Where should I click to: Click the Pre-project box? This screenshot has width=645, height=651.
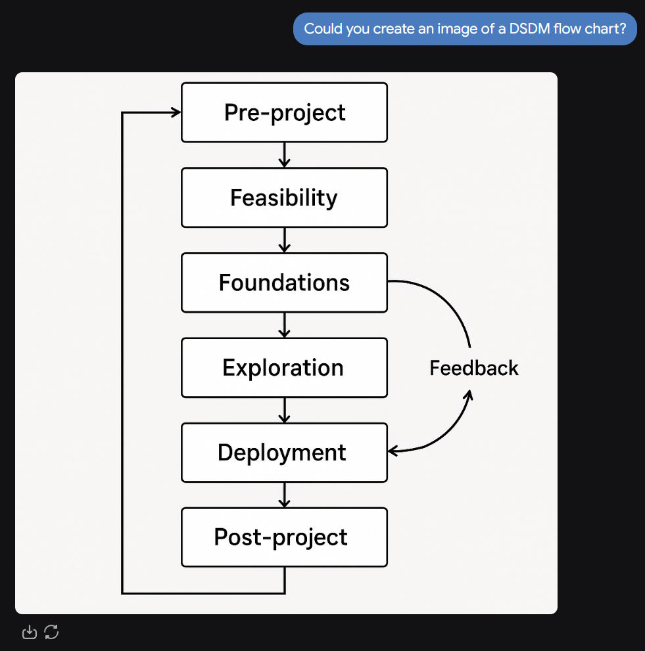(x=284, y=112)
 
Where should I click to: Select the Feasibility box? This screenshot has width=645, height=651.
(x=284, y=198)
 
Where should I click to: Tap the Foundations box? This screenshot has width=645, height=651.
(x=284, y=282)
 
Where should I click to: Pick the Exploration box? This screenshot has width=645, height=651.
(x=284, y=368)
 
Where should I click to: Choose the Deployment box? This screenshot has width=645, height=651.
(x=284, y=453)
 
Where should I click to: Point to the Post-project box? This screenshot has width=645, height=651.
(x=284, y=537)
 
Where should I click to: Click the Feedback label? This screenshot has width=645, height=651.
(x=474, y=369)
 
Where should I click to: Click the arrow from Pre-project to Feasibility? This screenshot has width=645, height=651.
(x=284, y=155)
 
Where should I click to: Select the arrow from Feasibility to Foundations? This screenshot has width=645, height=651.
(x=284, y=240)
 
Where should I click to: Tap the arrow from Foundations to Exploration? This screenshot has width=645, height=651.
(x=284, y=325)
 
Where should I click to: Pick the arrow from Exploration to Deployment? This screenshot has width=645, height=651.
(x=284, y=410)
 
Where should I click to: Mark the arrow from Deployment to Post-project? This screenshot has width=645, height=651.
(x=284, y=495)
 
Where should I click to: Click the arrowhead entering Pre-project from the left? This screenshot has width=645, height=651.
(x=176, y=112)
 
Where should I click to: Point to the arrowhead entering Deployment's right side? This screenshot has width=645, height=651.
(x=393, y=451)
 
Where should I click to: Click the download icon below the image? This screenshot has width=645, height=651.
(x=30, y=632)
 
